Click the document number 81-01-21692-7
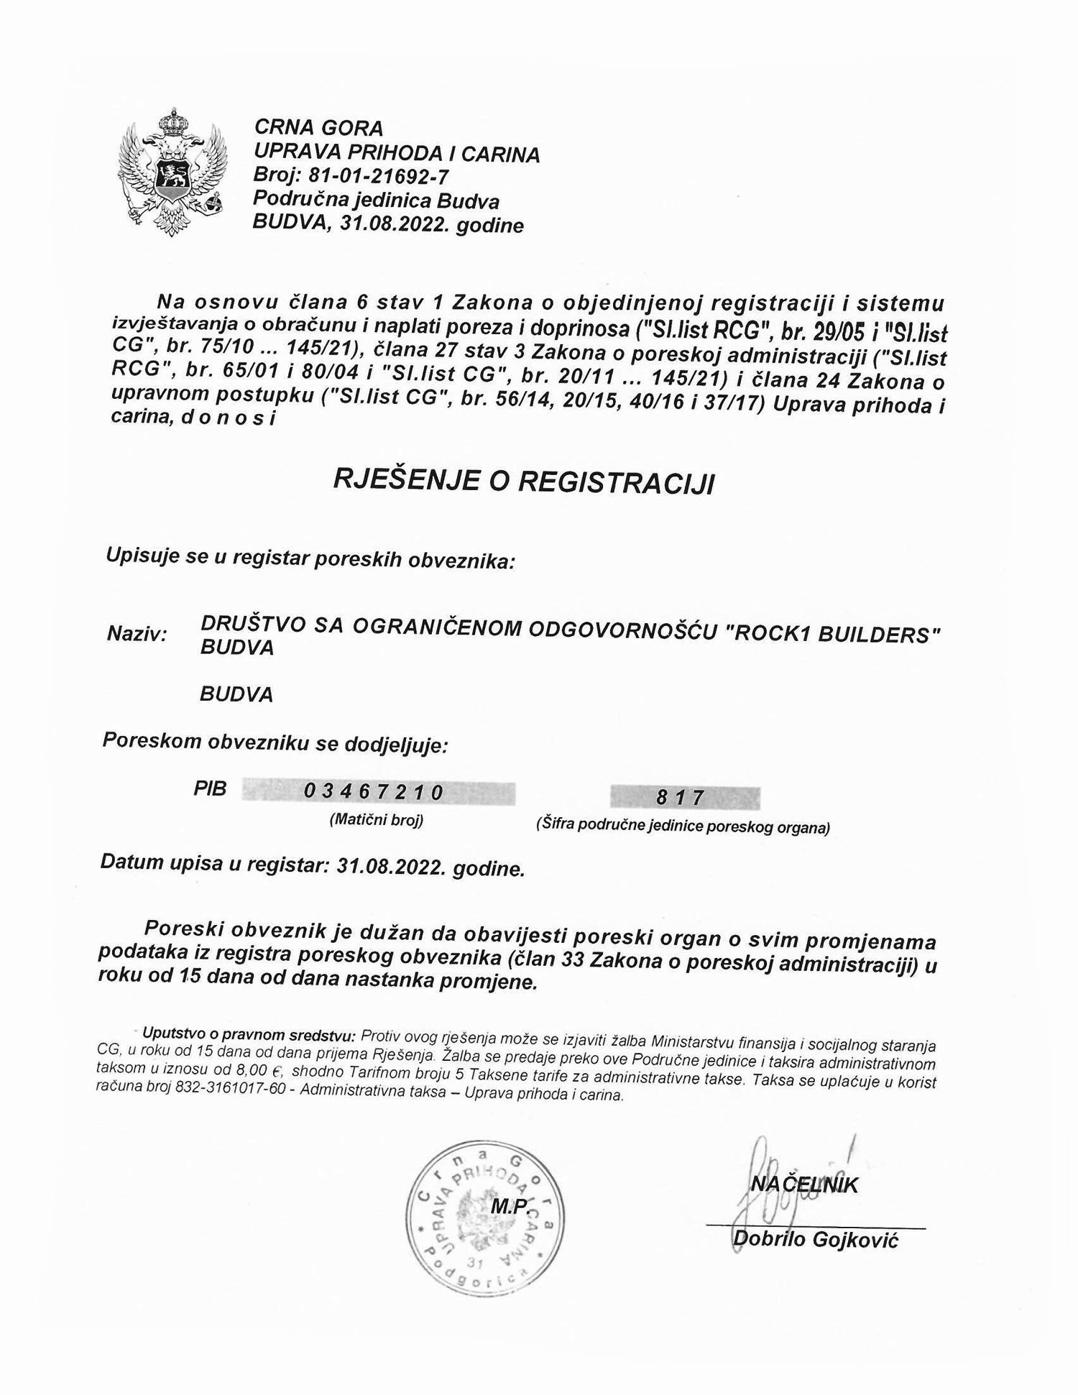[x=379, y=176]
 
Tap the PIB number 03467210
[x=374, y=791]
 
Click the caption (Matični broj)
[x=376, y=820]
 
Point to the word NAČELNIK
[x=805, y=1185]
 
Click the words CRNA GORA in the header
[x=318, y=129]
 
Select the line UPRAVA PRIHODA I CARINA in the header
[x=396, y=153]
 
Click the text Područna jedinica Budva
[x=376, y=201]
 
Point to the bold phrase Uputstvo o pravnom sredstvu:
[x=249, y=1036]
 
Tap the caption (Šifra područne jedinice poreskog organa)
[x=683, y=827]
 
